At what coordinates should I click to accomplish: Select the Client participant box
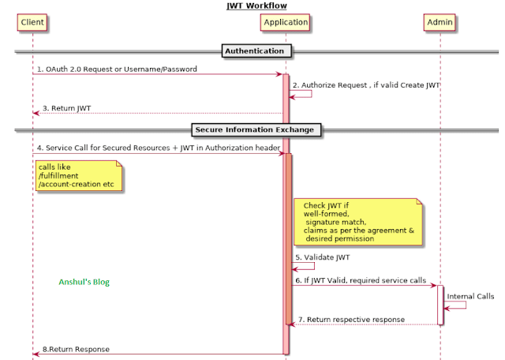point(32,23)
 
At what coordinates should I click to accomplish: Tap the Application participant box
point(285,23)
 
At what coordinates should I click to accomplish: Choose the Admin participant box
point(440,23)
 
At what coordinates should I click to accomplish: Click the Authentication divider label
point(254,51)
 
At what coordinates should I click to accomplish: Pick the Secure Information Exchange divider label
point(254,129)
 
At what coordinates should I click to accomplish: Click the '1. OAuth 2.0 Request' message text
point(116,69)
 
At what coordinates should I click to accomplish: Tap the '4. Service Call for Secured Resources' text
point(158,147)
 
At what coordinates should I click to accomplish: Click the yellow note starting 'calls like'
point(78,175)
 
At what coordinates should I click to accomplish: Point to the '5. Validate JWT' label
point(323,257)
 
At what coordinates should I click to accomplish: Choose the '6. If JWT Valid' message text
point(361,280)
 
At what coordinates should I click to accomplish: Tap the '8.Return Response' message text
point(76,349)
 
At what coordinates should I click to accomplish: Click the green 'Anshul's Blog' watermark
point(84,282)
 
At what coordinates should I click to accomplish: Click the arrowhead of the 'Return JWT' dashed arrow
point(36,114)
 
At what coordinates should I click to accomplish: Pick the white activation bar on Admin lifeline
point(440,305)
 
